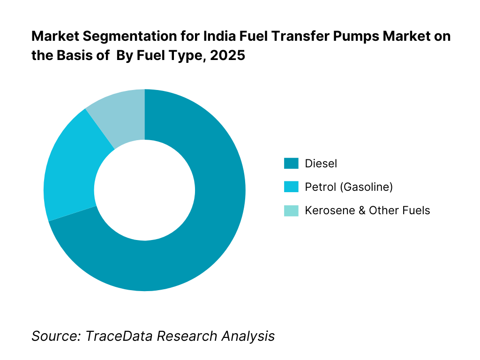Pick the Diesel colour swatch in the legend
(291, 163)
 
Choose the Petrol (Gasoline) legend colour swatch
(291, 187)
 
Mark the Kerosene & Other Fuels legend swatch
(291, 210)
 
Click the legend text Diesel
(321, 164)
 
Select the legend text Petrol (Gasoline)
(349, 187)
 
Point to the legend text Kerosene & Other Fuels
(367, 210)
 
